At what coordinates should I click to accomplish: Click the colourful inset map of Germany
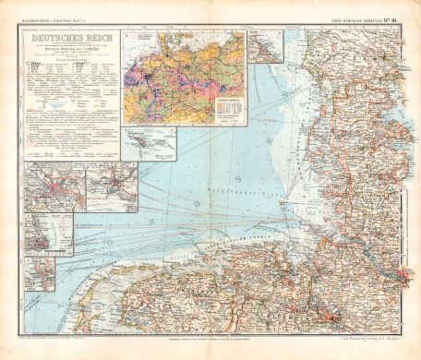coord(184,78)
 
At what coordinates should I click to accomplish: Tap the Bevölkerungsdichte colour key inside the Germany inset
coord(229,106)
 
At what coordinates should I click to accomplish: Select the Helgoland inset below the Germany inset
coord(150,144)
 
